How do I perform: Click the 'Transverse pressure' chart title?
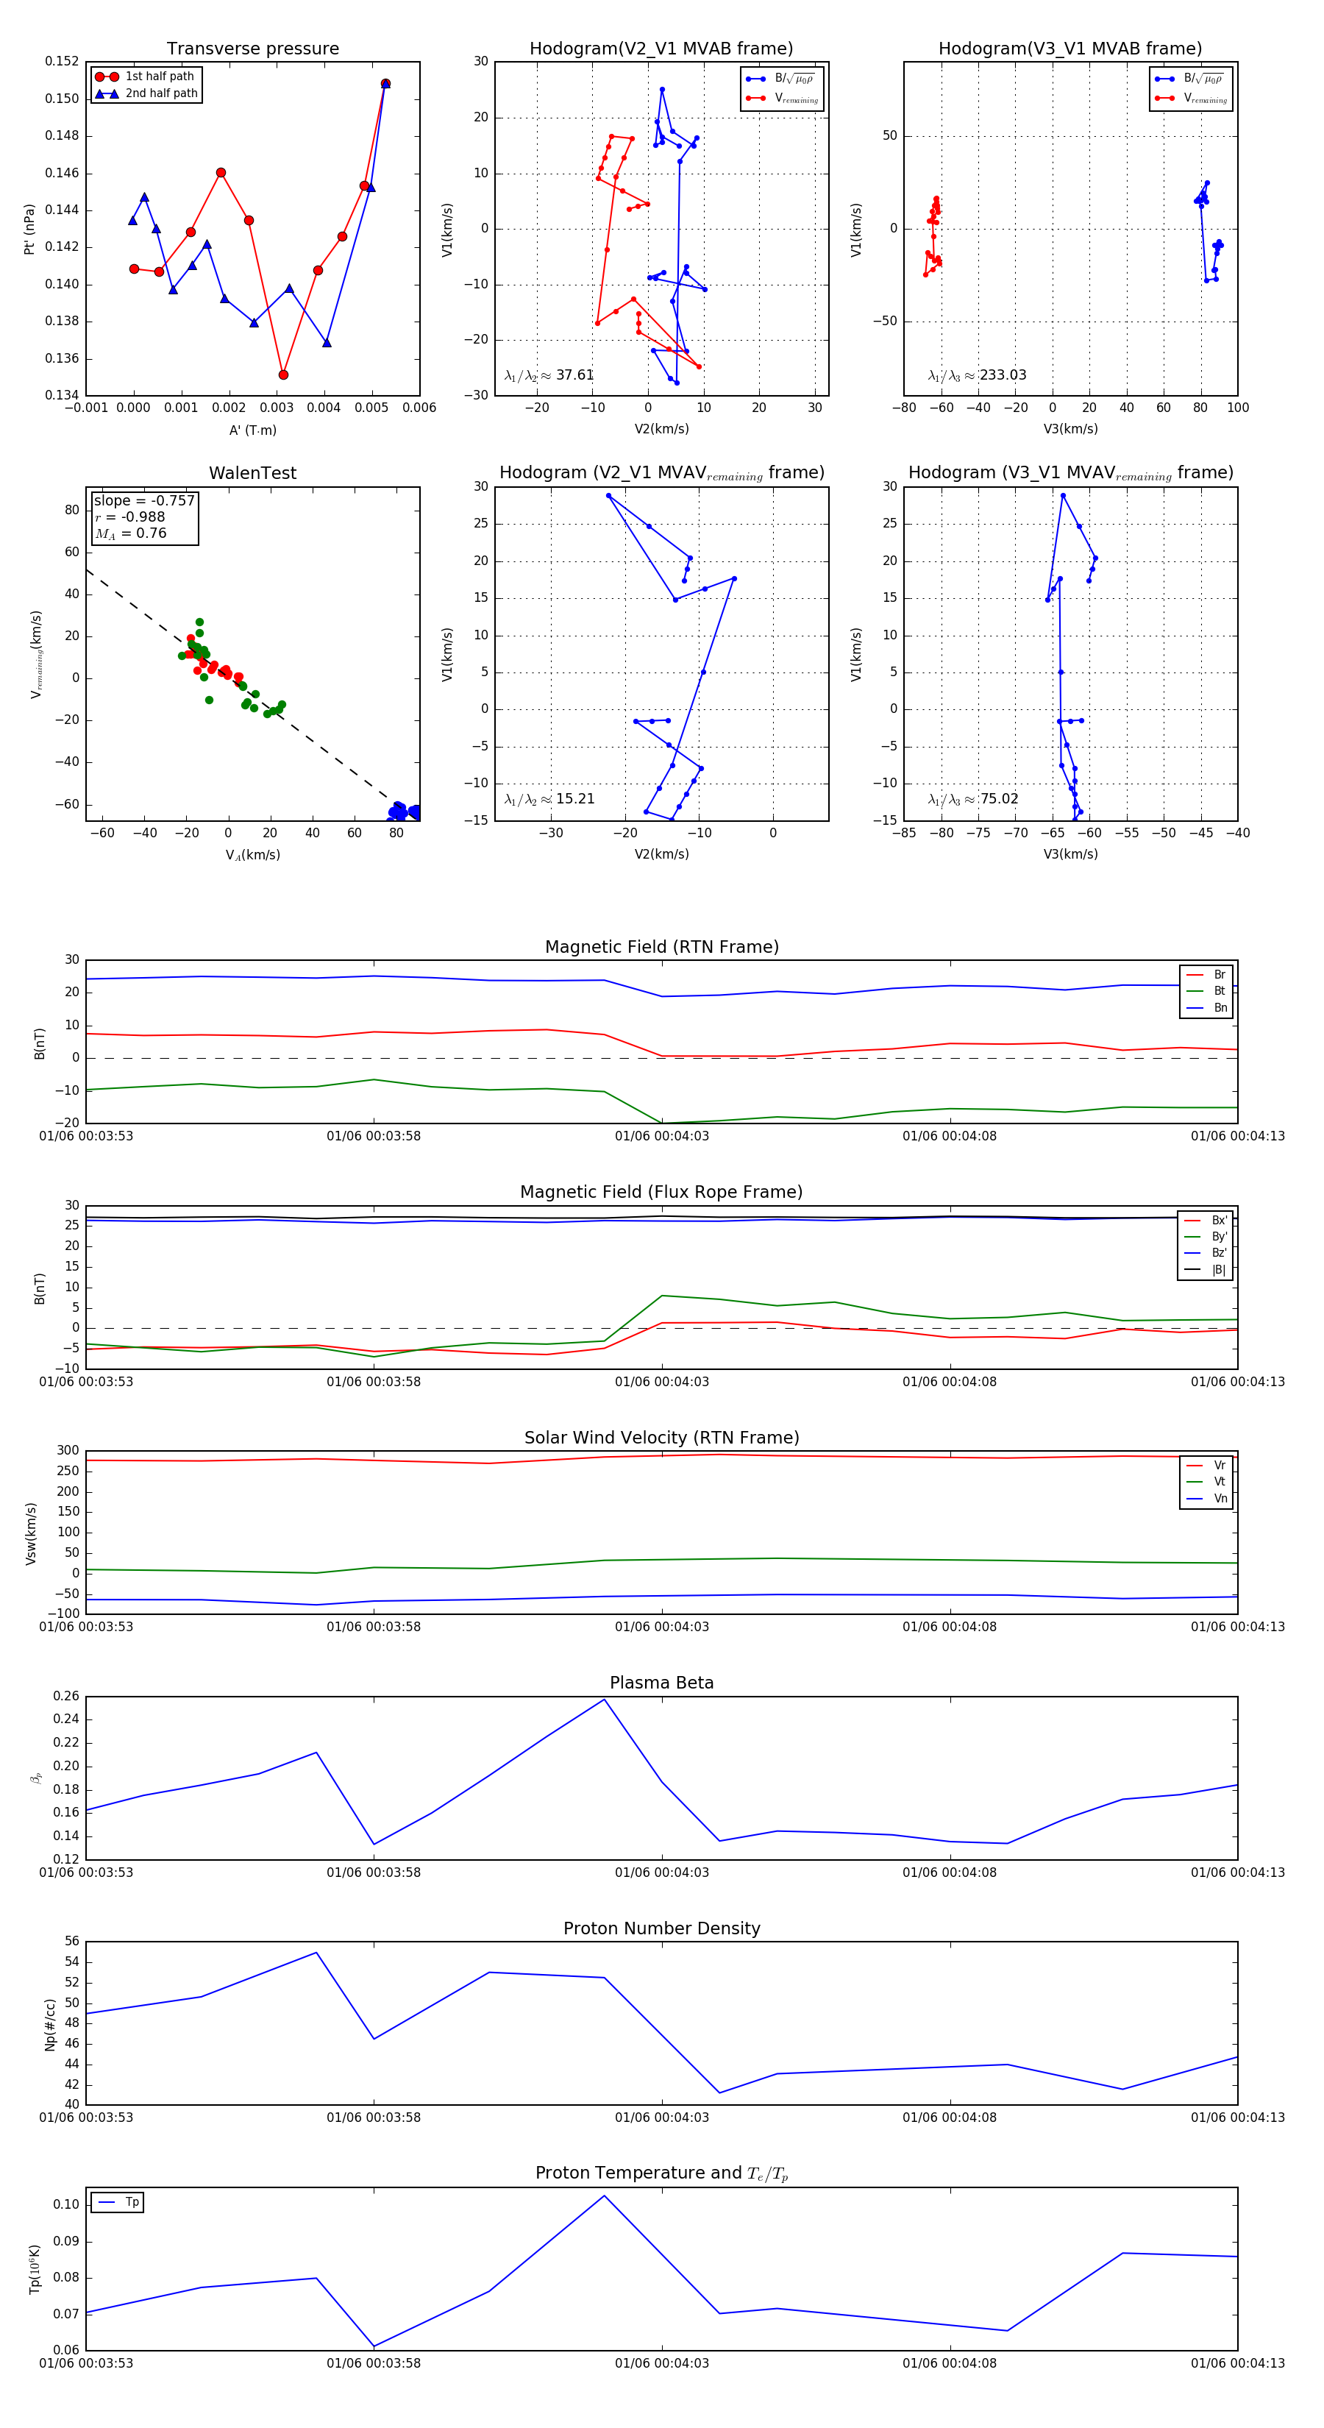[252, 49]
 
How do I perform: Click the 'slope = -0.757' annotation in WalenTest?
[143, 500]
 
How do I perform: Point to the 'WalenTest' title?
[252, 473]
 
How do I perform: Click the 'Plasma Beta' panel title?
[661, 1683]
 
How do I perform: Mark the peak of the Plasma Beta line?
[604, 1700]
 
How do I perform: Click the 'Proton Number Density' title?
[661, 1928]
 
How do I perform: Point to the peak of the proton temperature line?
[604, 2196]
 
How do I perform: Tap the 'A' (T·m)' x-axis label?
[252, 430]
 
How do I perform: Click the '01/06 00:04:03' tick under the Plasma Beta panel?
[661, 1873]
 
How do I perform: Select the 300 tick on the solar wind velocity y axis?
[68, 1451]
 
